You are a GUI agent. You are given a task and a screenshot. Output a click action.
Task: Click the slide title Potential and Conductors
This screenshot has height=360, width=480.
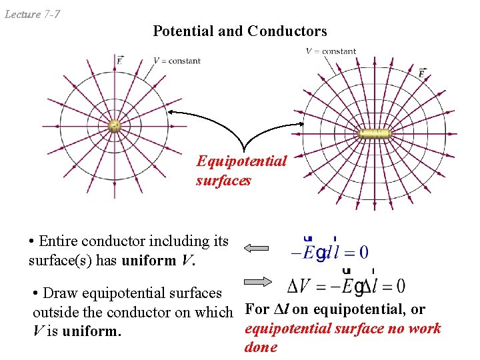click(x=240, y=31)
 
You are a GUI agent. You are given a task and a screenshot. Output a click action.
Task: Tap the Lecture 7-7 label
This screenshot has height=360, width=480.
click(x=33, y=13)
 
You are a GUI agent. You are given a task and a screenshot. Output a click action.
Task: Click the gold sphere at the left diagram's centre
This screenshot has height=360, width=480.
click(x=114, y=126)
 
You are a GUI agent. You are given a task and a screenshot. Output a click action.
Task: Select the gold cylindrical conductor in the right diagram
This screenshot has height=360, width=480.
click(x=373, y=134)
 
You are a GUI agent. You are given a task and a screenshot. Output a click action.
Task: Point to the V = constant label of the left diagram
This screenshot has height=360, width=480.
click(x=177, y=61)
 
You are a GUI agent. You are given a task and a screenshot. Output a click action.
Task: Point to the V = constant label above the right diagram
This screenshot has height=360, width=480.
click(x=331, y=51)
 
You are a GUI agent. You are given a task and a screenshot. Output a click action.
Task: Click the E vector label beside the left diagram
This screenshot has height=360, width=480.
click(x=119, y=60)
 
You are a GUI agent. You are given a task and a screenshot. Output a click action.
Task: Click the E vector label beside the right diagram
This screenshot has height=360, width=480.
click(x=422, y=72)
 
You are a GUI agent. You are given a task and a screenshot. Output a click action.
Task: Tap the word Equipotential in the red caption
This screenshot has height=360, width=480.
click(x=241, y=161)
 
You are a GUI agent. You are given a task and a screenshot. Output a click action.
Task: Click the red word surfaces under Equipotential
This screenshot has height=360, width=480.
click(x=223, y=180)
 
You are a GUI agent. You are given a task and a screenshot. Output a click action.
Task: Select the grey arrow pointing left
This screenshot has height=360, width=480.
click(x=255, y=249)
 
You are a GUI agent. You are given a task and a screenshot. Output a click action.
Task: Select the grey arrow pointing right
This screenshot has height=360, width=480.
click(x=257, y=281)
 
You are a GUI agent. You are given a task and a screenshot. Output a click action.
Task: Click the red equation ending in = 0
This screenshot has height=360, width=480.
click(x=330, y=251)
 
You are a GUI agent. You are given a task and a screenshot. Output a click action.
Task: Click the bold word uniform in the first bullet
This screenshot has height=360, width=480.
click(x=151, y=261)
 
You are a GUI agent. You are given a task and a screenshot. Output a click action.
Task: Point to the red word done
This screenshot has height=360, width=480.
click(x=261, y=347)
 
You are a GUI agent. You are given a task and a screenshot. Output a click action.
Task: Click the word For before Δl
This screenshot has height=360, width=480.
click(x=257, y=309)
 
